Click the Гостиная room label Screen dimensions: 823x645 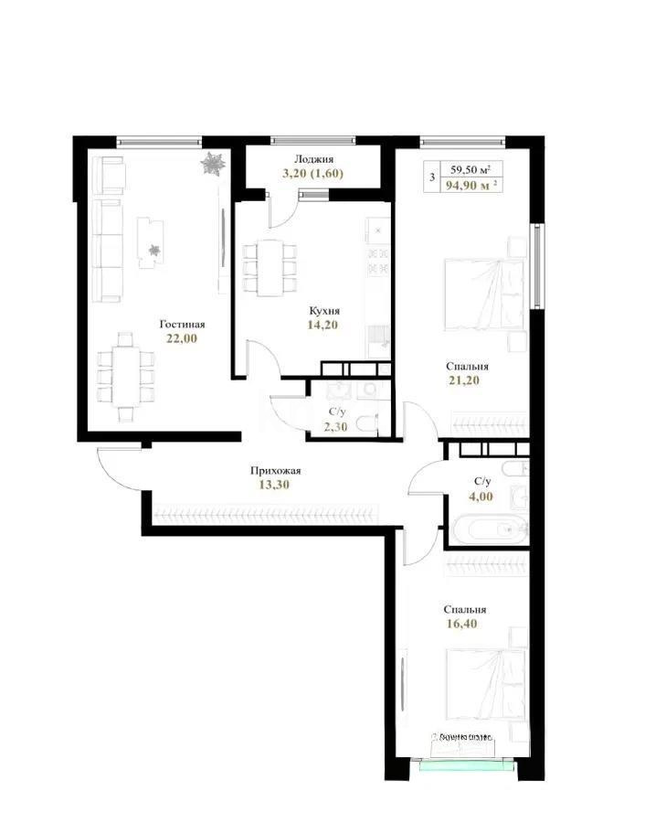click(181, 324)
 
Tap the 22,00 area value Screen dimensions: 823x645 click(181, 338)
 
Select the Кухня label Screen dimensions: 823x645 click(323, 310)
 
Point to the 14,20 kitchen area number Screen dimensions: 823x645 click(323, 325)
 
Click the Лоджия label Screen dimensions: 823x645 click(314, 158)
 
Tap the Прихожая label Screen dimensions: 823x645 click(275, 471)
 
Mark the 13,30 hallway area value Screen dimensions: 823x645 click(275, 486)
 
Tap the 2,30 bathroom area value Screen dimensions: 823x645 click(336, 425)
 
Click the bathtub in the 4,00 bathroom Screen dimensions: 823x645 click(488, 529)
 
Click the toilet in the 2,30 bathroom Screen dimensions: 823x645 click(365, 422)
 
